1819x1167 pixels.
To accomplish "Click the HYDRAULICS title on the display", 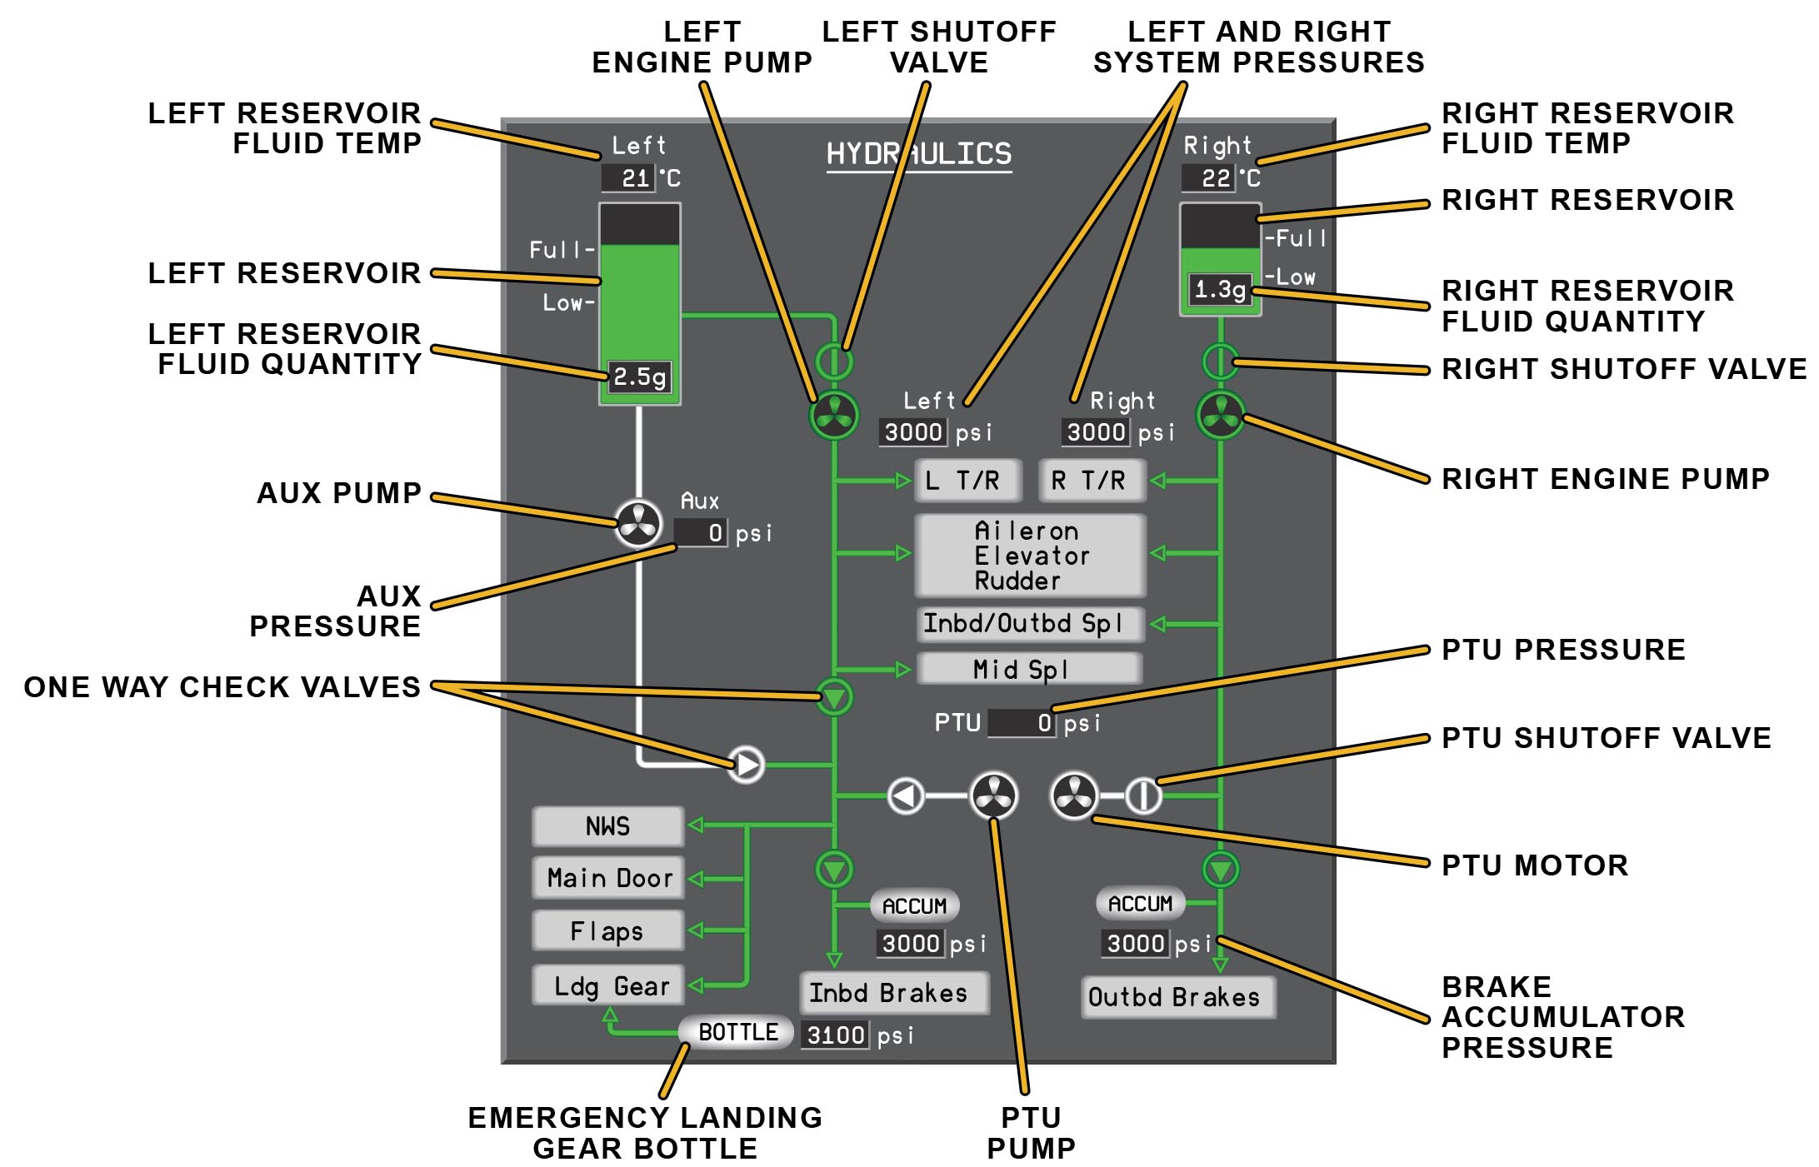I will point(918,154).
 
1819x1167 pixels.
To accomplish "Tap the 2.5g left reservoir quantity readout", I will point(639,377).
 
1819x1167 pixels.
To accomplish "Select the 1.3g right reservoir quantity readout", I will point(1220,290).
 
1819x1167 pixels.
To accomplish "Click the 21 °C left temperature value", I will point(629,177).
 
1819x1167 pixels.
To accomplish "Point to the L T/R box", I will point(967,481).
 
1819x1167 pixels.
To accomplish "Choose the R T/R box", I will point(1092,481).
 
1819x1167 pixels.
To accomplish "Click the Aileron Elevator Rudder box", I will point(1030,556).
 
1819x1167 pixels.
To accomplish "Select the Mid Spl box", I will point(1028,669).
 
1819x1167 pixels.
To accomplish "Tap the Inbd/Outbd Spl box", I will point(1030,624).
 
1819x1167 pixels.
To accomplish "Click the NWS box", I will point(607,826).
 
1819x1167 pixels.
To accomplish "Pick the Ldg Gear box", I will point(608,986).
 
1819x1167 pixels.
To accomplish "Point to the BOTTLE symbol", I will point(737,1032).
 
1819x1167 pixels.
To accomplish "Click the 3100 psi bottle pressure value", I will point(835,1035).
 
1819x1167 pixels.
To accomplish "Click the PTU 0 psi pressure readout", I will point(1022,723).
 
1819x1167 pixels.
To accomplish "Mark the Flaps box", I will point(607,930).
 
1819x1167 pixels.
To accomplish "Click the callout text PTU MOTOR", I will point(1534,865).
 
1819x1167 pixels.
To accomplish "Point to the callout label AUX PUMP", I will point(338,493).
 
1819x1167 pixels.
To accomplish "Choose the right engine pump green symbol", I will point(1220,414).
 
